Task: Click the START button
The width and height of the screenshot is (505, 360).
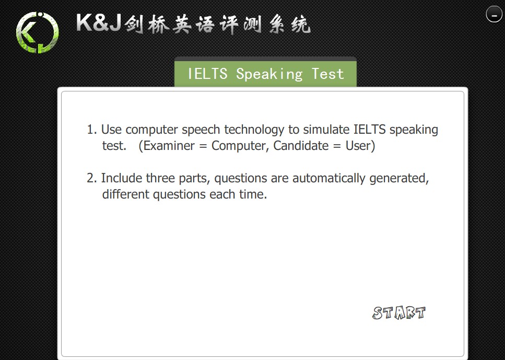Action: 398,312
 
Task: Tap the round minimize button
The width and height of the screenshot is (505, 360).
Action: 494,14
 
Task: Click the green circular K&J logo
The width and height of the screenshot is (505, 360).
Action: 38,32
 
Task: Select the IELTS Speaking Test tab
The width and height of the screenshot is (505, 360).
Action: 265,73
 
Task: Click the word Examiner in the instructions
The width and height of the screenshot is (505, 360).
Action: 169,146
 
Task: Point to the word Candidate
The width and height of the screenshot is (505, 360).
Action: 301,146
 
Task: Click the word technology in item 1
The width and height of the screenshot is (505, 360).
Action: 254,130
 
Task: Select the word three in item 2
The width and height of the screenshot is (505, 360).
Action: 160,178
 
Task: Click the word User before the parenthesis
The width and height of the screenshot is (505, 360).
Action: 358,146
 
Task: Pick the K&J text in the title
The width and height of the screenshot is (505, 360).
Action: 99,22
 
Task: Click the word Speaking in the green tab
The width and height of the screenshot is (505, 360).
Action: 269,74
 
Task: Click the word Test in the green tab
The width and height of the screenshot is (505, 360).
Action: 328,74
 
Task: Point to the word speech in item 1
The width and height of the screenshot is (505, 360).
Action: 201,130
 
